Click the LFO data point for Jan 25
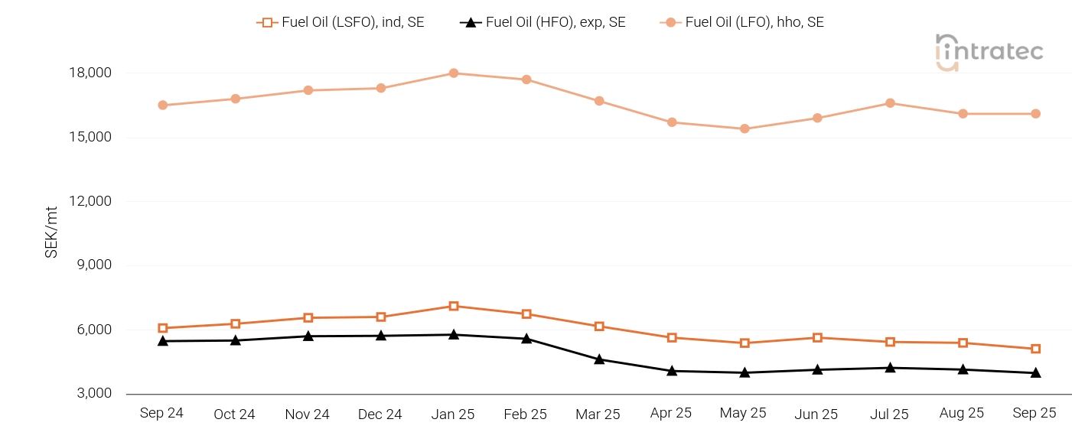pyautogui.click(x=454, y=73)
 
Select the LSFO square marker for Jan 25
pyautogui.click(x=454, y=306)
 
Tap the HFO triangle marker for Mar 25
pyautogui.click(x=599, y=359)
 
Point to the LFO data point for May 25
pyautogui.click(x=745, y=128)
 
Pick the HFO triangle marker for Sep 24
pyautogui.click(x=163, y=340)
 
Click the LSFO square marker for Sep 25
pyautogui.click(x=1035, y=349)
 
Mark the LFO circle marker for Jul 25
pyautogui.click(x=890, y=103)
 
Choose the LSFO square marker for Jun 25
pyautogui.click(x=817, y=337)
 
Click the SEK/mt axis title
pyautogui.click(x=51, y=232)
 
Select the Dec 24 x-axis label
pyautogui.click(x=380, y=414)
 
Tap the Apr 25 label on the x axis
pyautogui.click(x=671, y=413)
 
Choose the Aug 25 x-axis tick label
pyautogui.click(x=962, y=413)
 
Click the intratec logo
pyautogui.click(x=989, y=52)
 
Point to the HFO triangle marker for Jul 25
pyautogui.click(x=890, y=368)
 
